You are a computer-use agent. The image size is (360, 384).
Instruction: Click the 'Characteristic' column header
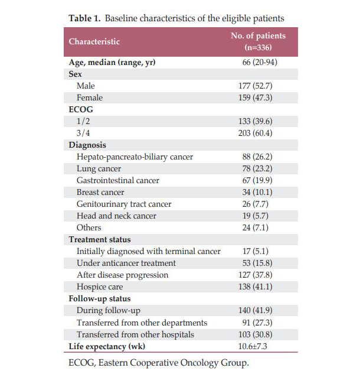(x=94, y=41)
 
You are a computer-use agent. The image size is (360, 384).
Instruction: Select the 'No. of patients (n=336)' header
(x=258, y=41)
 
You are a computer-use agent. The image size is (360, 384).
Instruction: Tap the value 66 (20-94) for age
(x=260, y=62)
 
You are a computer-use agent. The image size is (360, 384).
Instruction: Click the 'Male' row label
(x=86, y=86)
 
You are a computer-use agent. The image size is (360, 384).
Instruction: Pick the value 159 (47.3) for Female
(x=256, y=97)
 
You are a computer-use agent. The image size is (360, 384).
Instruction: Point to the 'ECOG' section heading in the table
(x=81, y=109)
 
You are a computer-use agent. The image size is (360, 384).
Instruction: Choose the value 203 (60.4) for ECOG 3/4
(x=256, y=133)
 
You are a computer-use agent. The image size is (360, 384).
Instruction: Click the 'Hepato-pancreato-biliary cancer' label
(x=135, y=157)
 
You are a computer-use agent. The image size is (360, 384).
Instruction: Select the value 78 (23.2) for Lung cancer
(x=257, y=168)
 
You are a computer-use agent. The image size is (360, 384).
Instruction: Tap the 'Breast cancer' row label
(x=100, y=192)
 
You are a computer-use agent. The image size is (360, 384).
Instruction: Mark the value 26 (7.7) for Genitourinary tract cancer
(x=256, y=204)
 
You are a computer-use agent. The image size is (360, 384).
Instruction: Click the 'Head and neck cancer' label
(x=116, y=216)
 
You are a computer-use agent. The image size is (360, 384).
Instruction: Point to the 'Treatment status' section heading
(x=100, y=239)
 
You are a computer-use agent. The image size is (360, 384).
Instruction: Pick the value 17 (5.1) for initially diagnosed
(x=256, y=251)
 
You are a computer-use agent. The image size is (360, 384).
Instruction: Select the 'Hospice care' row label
(x=100, y=287)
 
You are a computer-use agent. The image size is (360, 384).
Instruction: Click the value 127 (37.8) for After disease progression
(x=256, y=275)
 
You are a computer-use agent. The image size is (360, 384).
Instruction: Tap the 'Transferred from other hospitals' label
(x=135, y=334)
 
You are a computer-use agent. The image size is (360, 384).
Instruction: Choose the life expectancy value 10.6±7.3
(x=253, y=346)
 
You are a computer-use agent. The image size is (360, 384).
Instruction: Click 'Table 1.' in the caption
(x=84, y=18)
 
